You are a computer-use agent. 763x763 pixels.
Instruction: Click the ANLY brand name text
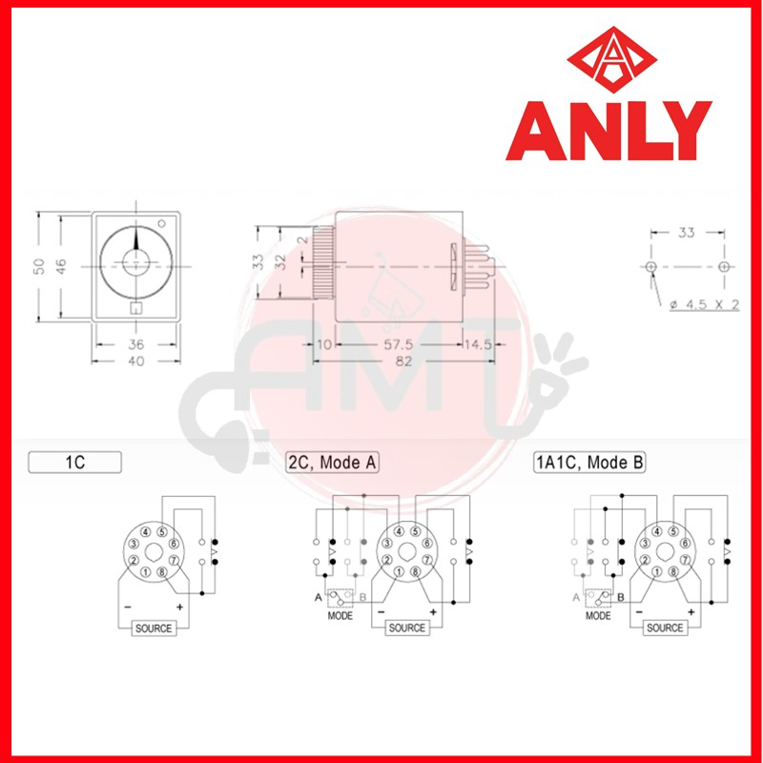(608, 131)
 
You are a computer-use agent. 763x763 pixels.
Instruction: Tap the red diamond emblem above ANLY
(612, 59)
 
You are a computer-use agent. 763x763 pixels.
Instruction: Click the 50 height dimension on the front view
(39, 267)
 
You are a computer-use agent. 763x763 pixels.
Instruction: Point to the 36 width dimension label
(136, 344)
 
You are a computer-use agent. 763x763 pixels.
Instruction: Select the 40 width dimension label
(136, 361)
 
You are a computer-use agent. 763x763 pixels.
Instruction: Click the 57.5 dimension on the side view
(398, 344)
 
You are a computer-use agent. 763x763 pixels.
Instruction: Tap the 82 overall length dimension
(403, 361)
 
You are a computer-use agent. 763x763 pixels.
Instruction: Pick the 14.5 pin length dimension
(478, 344)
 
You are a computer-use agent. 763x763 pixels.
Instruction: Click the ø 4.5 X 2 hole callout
(704, 305)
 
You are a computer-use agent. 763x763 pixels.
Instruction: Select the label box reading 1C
(75, 463)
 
